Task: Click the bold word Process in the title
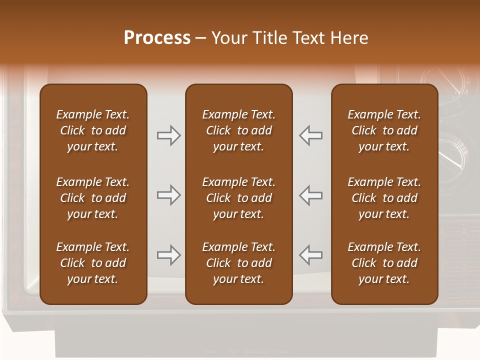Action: [x=157, y=38]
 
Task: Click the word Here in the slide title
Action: [x=349, y=38]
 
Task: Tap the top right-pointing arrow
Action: [x=168, y=135]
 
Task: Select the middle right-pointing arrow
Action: [x=168, y=195]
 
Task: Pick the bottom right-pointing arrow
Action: [x=168, y=255]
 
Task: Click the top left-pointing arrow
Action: [x=311, y=135]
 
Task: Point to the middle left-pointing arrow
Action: [x=311, y=195]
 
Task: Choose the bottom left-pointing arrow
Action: [x=311, y=255]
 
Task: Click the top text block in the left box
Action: [x=92, y=130]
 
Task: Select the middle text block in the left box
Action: [x=92, y=198]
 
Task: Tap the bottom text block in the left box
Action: [x=92, y=263]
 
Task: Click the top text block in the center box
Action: [x=238, y=130]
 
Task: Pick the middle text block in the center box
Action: [x=238, y=198]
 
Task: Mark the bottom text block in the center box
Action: [x=238, y=263]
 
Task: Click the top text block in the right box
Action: [x=384, y=130]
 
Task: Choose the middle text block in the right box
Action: [x=384, y=198]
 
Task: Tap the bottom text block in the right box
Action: [x=384, y=263]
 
